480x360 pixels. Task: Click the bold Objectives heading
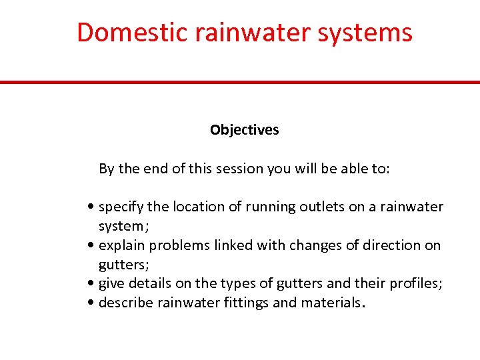tap(244, 130)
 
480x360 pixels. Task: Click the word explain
tap(122, 245)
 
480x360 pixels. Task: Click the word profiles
tap(415, 284)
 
